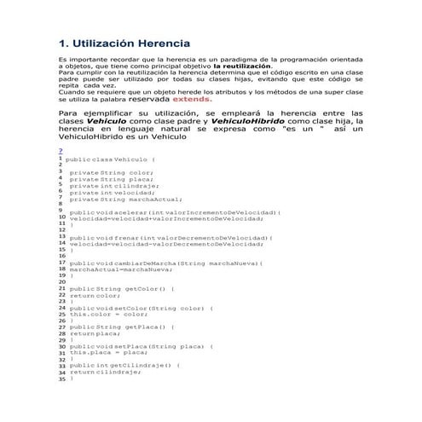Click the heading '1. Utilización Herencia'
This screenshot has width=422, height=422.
coord(124,43)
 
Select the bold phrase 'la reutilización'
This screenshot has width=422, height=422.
coord(243,66)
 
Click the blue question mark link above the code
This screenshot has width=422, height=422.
coord(60,151)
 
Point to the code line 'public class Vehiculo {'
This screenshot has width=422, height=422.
coord(110,159)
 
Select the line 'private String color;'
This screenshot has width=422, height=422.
coord(111,173)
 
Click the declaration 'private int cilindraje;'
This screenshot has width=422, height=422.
coord(114,186)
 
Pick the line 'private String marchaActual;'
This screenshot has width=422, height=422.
coord(124,199)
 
